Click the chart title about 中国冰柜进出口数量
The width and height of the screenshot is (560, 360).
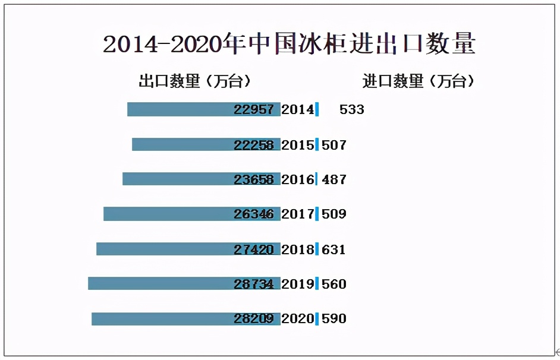(289, 45)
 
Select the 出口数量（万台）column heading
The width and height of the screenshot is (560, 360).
(194, 81)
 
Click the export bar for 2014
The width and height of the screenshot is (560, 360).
(178, 109)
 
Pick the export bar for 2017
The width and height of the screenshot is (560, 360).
(166, 214)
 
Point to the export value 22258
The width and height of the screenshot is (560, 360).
(254, 144)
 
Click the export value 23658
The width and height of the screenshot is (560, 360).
(254, 179)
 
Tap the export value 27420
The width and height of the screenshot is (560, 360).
(254, 249)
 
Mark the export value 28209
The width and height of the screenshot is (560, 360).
(254, 319)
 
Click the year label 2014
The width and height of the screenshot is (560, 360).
(297, 109)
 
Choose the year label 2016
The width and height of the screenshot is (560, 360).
(297, 179)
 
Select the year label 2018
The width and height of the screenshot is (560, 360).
(297, 249)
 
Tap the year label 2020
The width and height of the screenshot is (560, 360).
(297, 319)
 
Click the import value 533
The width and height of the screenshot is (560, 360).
(352, 109)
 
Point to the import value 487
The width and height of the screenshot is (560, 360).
(334, 179)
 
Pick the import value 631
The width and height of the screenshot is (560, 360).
(334, 249)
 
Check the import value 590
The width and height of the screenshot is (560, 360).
(334, 319)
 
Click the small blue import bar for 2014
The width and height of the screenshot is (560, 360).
(317, 109)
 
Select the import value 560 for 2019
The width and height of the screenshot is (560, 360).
(334, 284)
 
